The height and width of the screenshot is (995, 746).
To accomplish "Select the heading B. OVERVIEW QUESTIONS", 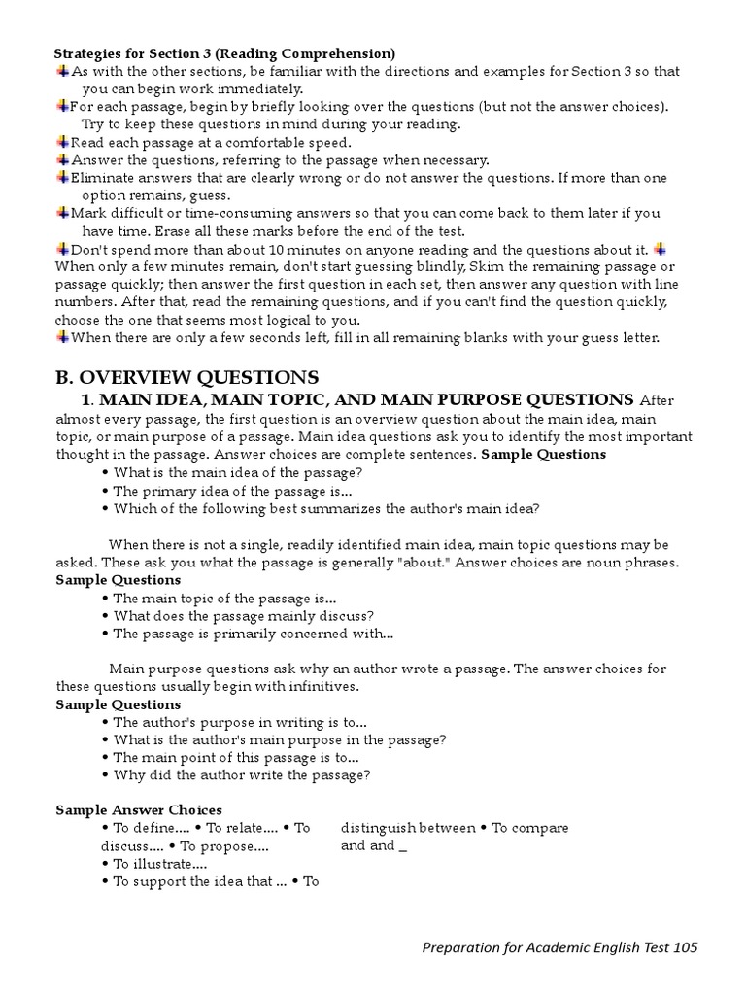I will pos(186,377).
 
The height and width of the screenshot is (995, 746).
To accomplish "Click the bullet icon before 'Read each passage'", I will pos(62,142).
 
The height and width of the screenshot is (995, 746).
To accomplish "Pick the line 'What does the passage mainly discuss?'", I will pos(243,616).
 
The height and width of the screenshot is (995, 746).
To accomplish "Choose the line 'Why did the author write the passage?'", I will pos(241,775).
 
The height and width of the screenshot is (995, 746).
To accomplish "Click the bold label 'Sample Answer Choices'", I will pos(139,809).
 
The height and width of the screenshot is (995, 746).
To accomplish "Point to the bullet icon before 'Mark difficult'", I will pos(62,213).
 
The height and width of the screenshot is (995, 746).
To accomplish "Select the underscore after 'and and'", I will pos(402,846).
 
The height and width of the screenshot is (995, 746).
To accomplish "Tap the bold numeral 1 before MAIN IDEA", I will pos(85,399).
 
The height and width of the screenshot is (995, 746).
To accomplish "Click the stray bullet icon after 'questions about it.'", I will pos(661,249).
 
